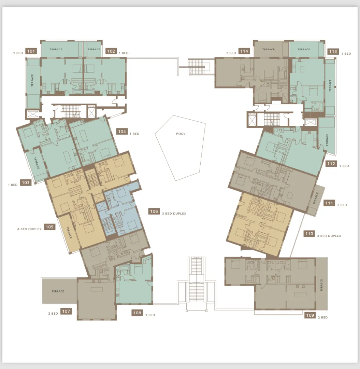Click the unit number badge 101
point(31,51)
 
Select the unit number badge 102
point(111,51)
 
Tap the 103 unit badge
point(26,182)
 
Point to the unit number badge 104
point(122,131)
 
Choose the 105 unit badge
point(49,227)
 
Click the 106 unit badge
point(154,211)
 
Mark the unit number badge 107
point(66,311)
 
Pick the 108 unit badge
point(137,313)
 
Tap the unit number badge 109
point(310,315)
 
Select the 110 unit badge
point(309,234)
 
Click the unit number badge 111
point(329,203)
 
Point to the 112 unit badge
point(331,164)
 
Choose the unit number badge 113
point(333,51)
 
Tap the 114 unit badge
point(244,51)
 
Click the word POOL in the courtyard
point(181,134)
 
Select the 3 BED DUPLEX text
point(174,214)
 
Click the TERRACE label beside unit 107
point(58,291)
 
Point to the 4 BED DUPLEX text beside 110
point(329,236)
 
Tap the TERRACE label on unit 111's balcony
point(316,199)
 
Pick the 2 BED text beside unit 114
point(231,53)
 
